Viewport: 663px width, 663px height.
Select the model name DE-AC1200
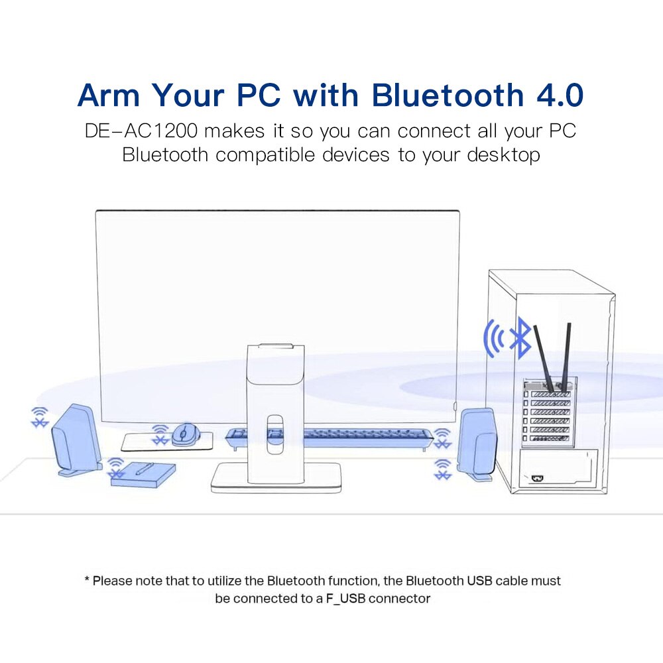[x=142, y=130]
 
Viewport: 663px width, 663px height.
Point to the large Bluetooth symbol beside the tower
[x=524, y=337]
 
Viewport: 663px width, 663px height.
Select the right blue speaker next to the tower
[x=477, y=443]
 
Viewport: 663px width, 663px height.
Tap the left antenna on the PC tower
[x=546, y=358]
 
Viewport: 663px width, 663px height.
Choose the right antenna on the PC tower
[x=567, y=355]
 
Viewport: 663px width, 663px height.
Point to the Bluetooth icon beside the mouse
[x=160, y=436]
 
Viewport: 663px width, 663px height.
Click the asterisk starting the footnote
[x=87, y=580]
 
